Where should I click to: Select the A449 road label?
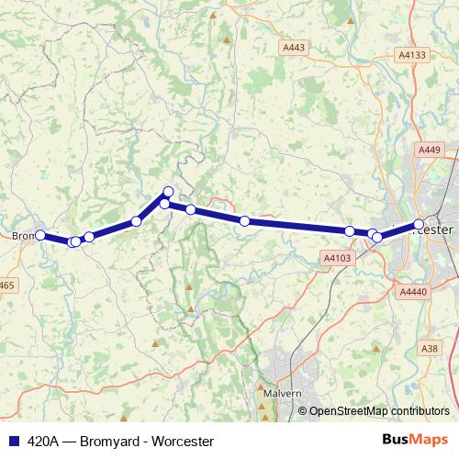(x=429, y=150)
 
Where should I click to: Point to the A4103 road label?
(x=338, y=259)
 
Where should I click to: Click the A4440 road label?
(x=415, y=291)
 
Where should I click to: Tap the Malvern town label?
(x=281, y=393)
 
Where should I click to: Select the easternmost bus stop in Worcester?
(x=419, y=224)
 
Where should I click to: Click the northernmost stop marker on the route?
(x=168, y=192)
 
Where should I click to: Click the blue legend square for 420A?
(x=11, y=440)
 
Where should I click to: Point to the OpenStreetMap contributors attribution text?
(x=378, y=411)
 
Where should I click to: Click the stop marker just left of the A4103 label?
(x=350, y=231)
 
